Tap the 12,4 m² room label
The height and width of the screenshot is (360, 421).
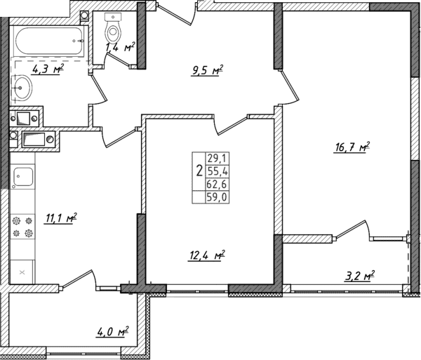207,255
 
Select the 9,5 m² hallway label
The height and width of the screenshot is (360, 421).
206,69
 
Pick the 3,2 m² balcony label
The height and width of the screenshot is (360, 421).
359,274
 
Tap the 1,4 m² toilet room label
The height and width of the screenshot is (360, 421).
120,48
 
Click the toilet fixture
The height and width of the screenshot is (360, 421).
112,28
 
